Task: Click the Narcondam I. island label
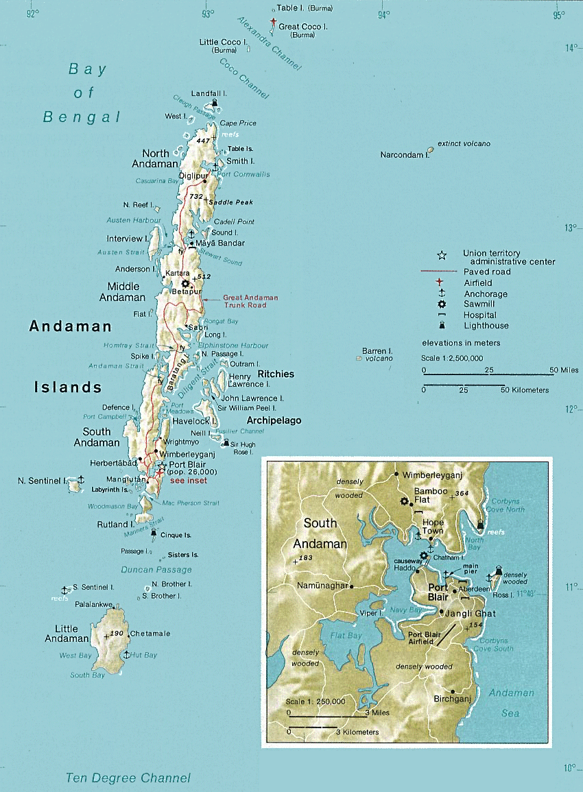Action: [x=404, y=155]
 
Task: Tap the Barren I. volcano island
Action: [x=359, y=358]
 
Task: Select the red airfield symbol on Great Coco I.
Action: [x=274, y=24]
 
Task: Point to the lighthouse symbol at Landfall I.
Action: [x=216, y=104]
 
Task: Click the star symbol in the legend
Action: [x=442, y=256]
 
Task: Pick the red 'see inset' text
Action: [x=188, y=481]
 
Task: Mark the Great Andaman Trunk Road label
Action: [x=251, y=301]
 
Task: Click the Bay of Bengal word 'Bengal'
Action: [x=82, y=117]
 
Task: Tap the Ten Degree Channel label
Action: [x=128, y=778]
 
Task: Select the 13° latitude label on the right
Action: [x=570, y=228]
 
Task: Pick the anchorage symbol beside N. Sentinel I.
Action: [x=81, y=479]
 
